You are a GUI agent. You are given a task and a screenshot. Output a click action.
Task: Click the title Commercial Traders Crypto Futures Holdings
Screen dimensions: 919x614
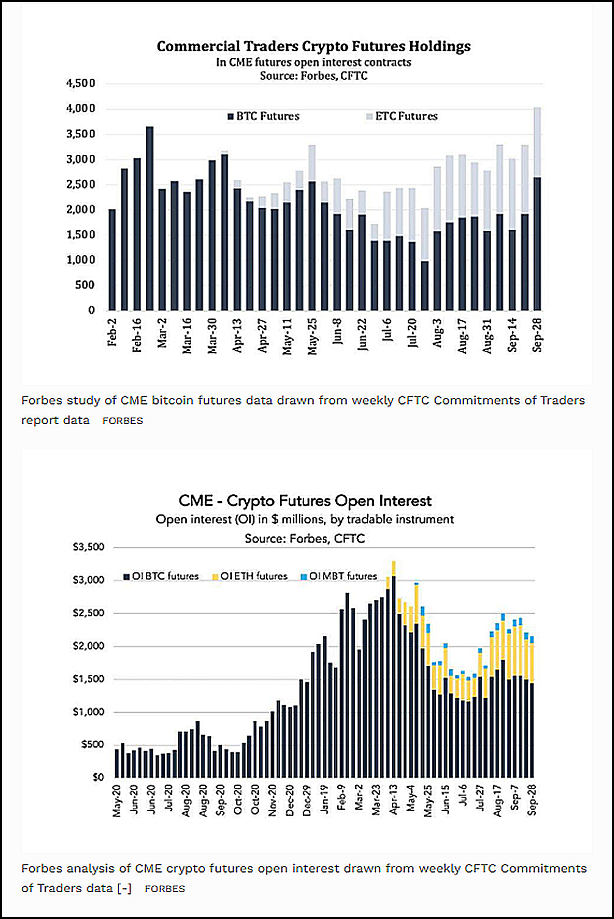[x=314, y=46]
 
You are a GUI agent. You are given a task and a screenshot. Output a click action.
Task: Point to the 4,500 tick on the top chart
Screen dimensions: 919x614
[x=81, y=84]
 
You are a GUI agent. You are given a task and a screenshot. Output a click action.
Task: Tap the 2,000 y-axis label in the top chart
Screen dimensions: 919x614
[x=81, y=209]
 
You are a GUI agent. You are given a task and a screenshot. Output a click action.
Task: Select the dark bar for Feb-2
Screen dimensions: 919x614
[x=112, y=260]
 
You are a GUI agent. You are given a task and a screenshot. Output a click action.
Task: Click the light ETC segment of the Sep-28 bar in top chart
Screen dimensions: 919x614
[x=537, y=142]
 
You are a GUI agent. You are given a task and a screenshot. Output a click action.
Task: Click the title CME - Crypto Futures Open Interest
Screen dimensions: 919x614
[x=305, y=501]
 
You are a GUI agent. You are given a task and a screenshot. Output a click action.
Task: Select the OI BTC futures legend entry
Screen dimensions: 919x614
[x=161, y=576]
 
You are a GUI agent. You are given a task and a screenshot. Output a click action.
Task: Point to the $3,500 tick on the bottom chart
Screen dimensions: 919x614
[x=88, y=547]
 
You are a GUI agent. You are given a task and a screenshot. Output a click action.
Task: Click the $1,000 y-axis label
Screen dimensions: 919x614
[x=88, y=712]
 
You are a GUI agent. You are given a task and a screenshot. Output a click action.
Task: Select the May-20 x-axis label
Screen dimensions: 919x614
[x=117, y=801]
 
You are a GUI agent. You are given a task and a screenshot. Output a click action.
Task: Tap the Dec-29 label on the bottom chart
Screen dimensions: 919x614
[x=307, y=801]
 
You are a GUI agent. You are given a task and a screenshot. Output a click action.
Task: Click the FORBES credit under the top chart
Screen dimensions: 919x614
[x=123, y=421]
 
